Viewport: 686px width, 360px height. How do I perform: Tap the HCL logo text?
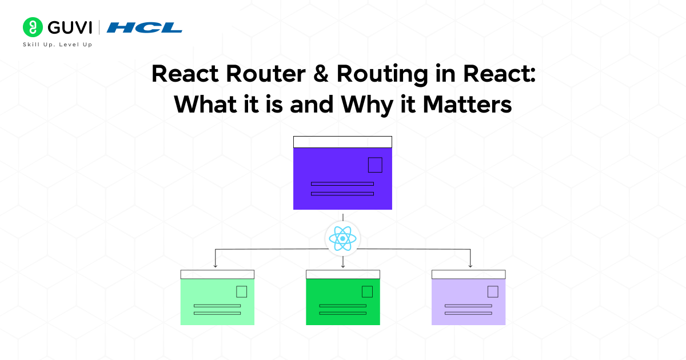145,27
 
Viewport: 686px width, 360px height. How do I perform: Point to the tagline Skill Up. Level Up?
57,45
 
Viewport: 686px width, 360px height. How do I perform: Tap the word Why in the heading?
366,105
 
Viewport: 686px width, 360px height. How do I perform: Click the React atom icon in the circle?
342,238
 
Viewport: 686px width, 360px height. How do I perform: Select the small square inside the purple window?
375,165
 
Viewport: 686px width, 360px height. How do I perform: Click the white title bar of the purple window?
342,142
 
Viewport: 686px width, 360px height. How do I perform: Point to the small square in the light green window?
241,291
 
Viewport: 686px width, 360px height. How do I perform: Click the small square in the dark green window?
367,291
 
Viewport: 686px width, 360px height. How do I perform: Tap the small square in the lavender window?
493,291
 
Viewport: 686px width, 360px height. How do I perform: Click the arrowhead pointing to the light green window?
215,265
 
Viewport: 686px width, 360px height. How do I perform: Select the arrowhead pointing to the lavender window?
470,265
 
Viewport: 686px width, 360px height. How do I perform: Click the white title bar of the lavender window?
468,274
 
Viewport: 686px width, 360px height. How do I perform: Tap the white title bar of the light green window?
217,274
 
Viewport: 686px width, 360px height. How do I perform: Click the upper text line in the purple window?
342,184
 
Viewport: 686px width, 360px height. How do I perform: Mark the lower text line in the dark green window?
342,313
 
